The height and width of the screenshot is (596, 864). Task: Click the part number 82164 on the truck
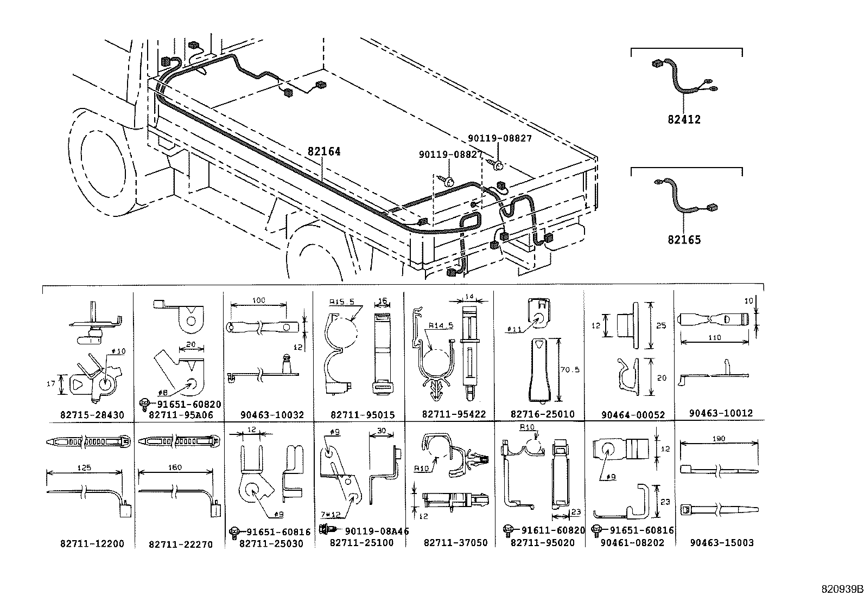[324, 152]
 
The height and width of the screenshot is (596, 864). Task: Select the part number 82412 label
[684, 119]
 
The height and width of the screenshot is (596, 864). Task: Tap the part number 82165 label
[684, 239]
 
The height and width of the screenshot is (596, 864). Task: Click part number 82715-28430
[92, 415]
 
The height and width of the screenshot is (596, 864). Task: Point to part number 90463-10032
[272, 415]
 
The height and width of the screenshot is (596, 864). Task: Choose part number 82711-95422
[454, 414]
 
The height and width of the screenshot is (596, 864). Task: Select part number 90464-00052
[633, 415]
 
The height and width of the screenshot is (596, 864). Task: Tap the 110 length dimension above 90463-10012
[714, 338]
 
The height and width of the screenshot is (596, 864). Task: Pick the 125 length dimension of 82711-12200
[85, 467]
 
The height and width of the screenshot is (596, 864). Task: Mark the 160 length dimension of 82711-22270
[175, 467]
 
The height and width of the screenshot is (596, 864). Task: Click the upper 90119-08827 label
[499, 138]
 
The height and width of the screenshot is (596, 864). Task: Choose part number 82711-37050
[455, 542]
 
